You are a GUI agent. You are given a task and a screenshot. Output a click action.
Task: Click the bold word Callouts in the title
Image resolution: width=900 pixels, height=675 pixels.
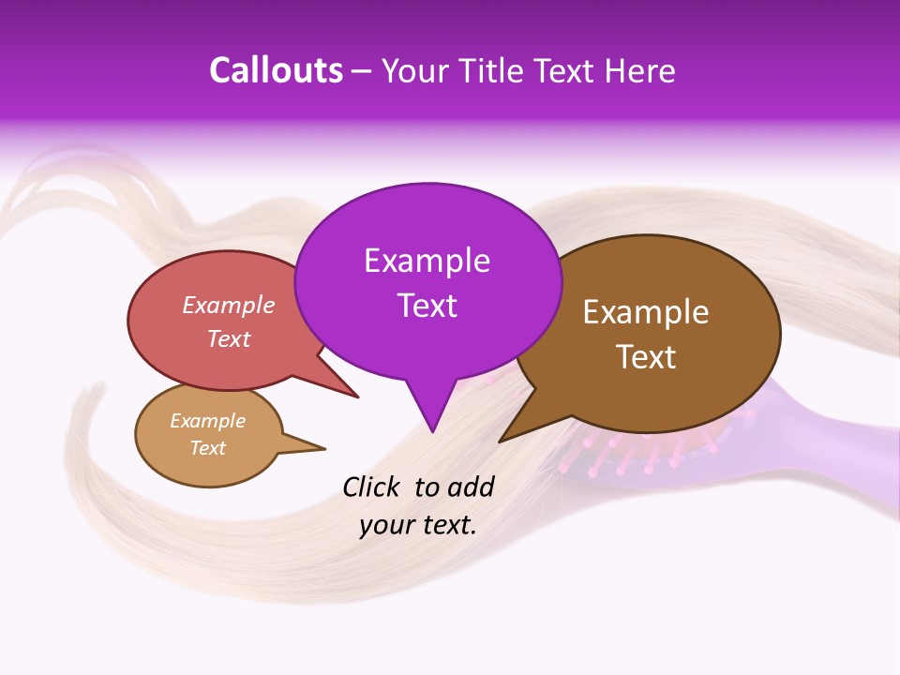[276, 70]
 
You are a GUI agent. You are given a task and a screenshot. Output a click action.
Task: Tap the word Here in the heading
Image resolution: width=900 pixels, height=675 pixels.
[638, 70]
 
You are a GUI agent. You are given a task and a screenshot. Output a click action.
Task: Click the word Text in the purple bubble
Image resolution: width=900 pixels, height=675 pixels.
[427, 305]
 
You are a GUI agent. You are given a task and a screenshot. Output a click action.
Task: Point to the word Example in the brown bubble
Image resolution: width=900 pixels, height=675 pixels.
[646, 312]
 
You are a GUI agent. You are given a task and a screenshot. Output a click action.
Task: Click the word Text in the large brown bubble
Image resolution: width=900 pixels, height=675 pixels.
[646, 357]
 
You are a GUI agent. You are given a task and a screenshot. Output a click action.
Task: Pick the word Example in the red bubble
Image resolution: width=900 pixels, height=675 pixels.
[229, 305]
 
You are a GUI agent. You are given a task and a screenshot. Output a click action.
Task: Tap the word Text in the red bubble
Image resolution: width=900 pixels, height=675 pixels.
[229, 338]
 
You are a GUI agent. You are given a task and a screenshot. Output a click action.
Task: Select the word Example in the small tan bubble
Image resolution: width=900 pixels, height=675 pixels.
[208, 421]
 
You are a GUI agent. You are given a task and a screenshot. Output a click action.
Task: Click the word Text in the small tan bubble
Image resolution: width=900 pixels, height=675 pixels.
[208, 448]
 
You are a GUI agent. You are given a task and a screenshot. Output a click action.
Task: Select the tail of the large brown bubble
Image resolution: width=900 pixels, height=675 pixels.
[511, 434]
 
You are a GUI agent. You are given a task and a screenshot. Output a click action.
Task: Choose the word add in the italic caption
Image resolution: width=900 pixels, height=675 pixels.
[470, 487]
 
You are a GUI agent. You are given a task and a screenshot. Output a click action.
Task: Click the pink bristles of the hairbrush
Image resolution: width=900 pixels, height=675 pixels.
[609, 450]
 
